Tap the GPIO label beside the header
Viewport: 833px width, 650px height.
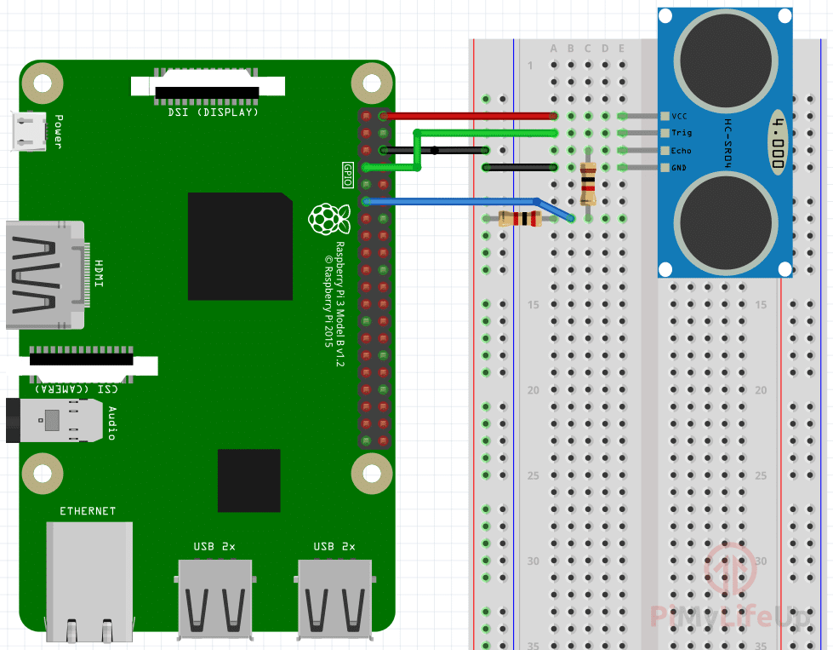(x=347, y=175)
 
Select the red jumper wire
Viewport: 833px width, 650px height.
(x=468, y=116)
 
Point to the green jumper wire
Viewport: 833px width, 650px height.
(x=485, y=133)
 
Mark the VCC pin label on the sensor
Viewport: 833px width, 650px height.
(x=680, y=116)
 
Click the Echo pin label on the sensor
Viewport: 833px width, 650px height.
(x=681, y=151)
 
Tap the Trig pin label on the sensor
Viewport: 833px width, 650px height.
(x=682, y=133)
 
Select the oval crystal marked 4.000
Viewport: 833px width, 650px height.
(x=777, y=141)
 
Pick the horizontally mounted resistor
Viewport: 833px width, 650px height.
(x=519, y=219)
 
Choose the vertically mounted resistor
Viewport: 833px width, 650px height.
(x=587, y=183)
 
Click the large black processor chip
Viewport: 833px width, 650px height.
(x=240, y=245)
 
